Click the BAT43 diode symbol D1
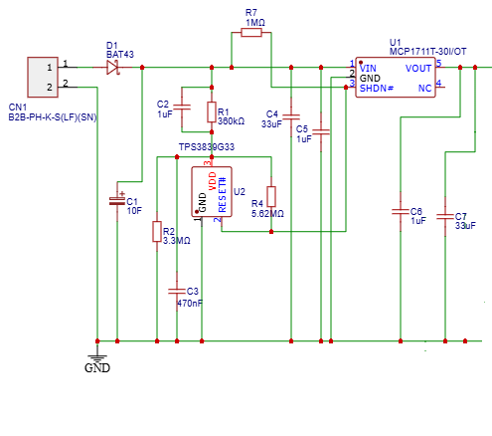(112, 67)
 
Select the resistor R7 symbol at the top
(251, 33)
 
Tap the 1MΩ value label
(255, 22)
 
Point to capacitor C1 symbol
(118, 200)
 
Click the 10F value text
(134, 210)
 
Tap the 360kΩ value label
(231, 120)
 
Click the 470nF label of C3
(190, 303)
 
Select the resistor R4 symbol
(270, 196)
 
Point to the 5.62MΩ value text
(267, 214)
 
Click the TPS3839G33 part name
(206, 146)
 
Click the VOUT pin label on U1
(418, 68)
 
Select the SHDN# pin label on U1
(377, 88)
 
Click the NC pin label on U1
(425, 88)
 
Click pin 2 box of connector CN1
(48, 85)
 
